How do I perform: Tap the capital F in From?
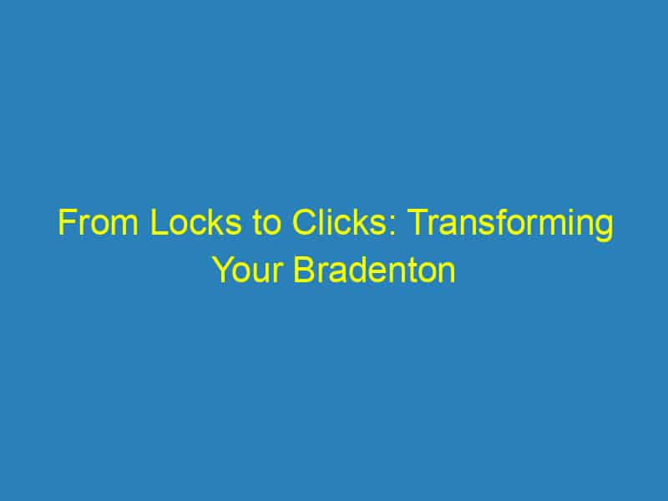tap(64, 226)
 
